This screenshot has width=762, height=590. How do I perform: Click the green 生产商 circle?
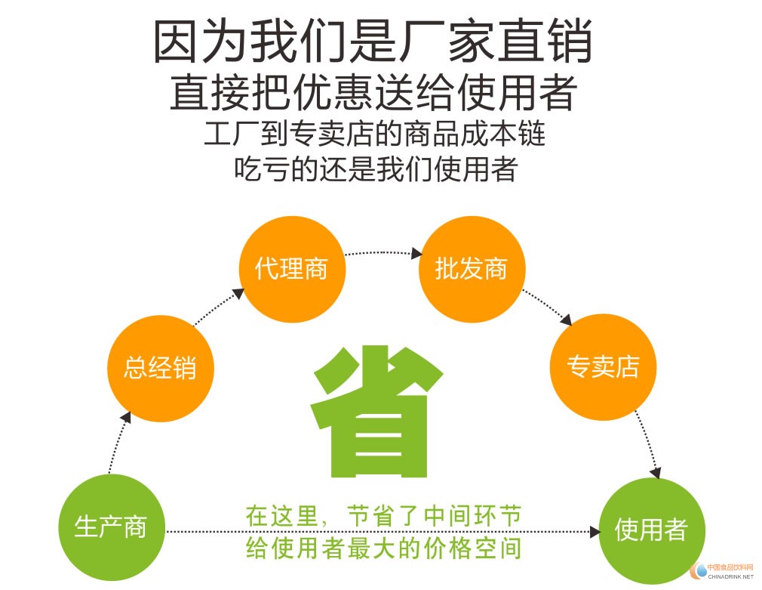pos(112,527)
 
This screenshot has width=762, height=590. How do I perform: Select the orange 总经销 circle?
pos(161,368)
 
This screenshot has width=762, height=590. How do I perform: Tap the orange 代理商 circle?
pos(292,269)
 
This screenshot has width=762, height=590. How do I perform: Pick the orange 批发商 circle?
pos(472,269)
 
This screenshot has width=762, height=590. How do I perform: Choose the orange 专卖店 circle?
pos(603,367)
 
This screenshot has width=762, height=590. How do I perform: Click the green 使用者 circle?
pos(651,530)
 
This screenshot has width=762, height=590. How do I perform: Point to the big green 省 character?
pos(376,412)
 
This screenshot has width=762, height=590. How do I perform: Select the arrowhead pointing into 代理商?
pos(238,293)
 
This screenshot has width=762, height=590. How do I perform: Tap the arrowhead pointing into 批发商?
pos(416,253)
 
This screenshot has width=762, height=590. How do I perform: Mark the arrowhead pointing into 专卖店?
pos(566,320)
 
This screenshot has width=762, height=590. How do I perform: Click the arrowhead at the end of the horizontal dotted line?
pos(595,532)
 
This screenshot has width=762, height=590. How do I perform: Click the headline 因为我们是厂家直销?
pos(373,41)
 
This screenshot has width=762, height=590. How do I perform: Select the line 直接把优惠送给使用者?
pos(373,92)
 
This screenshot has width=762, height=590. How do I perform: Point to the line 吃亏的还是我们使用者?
pos(376,168)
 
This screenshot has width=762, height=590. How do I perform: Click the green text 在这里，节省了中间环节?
pos(383,517)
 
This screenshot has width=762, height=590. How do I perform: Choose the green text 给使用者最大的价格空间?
pos(383,548)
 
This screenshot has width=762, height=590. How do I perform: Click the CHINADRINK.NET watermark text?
pos(730,576)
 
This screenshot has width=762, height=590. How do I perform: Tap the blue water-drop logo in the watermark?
pos(700,570)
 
